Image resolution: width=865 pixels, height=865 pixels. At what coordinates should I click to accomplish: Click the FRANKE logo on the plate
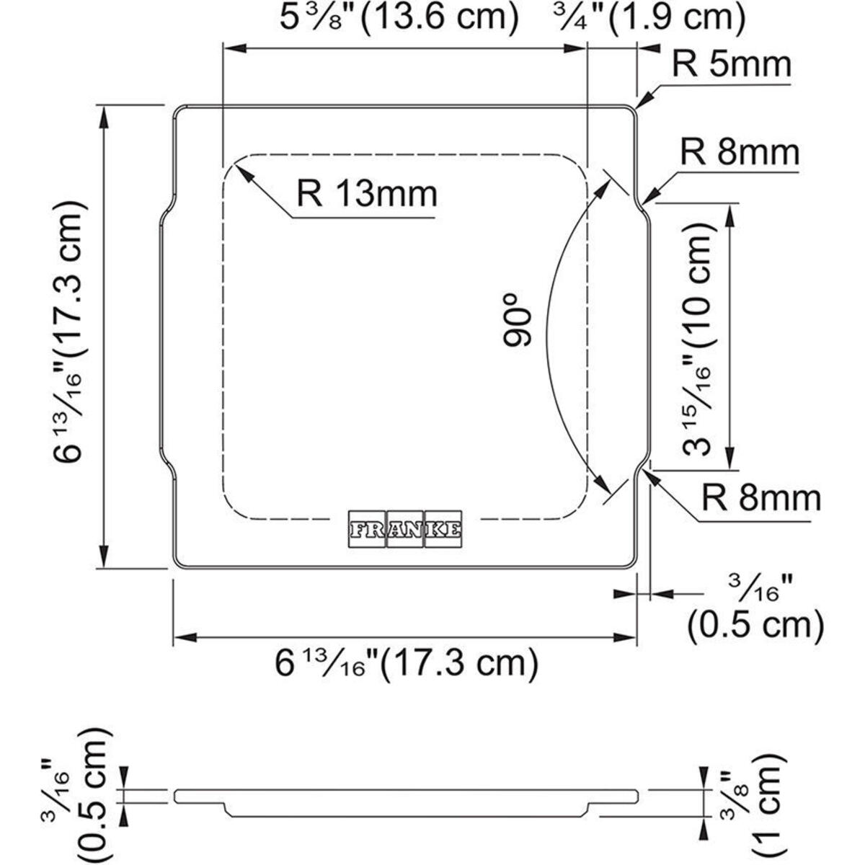pyautogui.click(x=405, y=529)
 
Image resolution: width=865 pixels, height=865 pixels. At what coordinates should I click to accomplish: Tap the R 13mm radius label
pyautogui.click(x=367, y=194)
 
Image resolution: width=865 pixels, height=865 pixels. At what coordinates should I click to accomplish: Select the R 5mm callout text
pyautogui.click(x=731, y=64)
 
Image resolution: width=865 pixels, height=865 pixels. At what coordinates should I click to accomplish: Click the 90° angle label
pyautogui.click(x=517, y=321)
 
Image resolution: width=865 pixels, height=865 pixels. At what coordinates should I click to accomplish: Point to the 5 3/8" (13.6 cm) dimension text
pyautogui.click(x=399, y=18)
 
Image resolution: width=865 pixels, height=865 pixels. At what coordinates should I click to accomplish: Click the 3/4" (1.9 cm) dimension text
pyautogui.click(x=648, y=18)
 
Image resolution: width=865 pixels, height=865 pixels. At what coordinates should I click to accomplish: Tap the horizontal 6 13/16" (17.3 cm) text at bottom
pyautogui.click(x=407, y=663)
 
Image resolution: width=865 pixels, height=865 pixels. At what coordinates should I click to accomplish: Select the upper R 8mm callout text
pyautogui.click(x=740, y=152)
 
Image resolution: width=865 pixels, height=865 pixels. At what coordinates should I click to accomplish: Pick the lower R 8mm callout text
pyautogui.click(x=761, y=497)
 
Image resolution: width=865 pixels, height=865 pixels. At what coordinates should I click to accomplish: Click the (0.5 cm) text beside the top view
pyautogui.click(x=756, y=625)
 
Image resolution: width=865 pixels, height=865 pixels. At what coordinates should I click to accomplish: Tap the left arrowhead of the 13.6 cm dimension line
pyautogui.click(x=235, y=48)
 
